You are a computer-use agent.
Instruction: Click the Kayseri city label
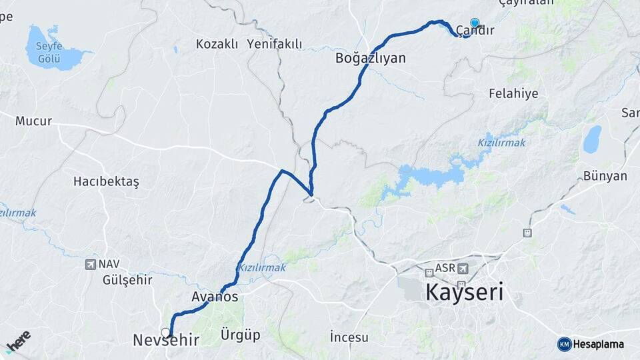click(464, 292)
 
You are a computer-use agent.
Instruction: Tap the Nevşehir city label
click(166, 340)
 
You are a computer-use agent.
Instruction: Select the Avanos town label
click(215, 297)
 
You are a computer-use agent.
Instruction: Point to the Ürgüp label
click(240, 335)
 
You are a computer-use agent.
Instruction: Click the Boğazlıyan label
click(371, 58)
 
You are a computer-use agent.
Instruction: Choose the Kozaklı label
click(217, 44)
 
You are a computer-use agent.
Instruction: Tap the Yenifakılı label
click(274, 44)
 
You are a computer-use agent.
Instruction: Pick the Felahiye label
click(513, 93)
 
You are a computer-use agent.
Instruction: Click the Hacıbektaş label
click(106, 181)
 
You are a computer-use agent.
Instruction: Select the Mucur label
click(33, 121)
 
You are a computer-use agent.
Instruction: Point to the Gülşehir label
click(127, 279)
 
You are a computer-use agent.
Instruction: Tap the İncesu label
click(349, 337)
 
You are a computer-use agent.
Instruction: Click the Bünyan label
click(605, 176)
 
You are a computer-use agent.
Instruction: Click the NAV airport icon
click(91, 265)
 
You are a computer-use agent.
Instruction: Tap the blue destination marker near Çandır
click(475, 23)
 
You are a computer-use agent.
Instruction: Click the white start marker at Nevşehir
click(165, 332)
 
